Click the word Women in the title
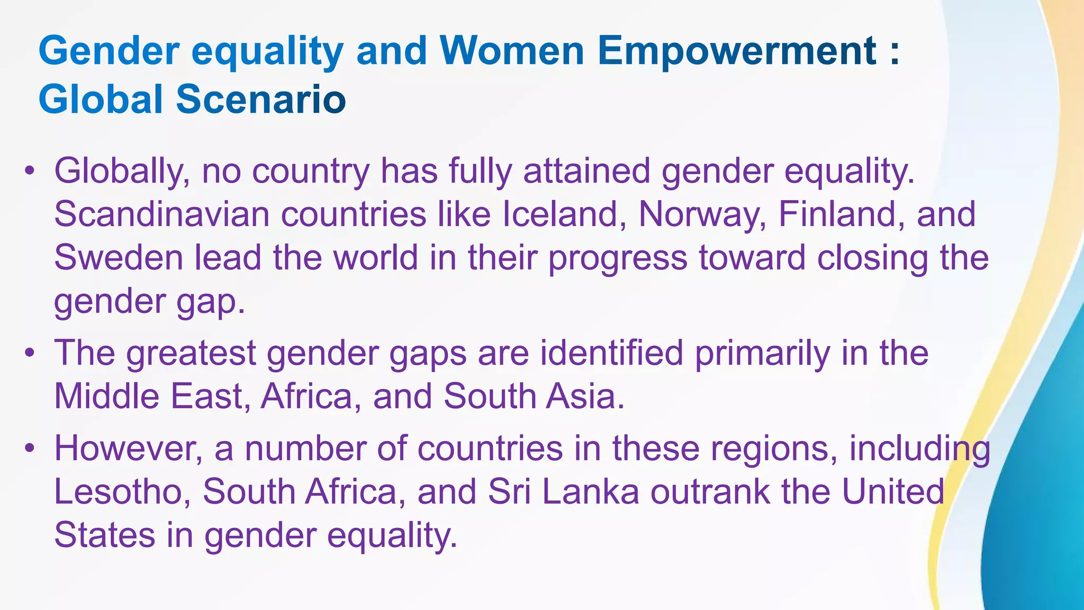point(511,51)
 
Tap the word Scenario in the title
point(261,100)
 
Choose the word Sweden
point(118,258)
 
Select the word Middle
point(106,396)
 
